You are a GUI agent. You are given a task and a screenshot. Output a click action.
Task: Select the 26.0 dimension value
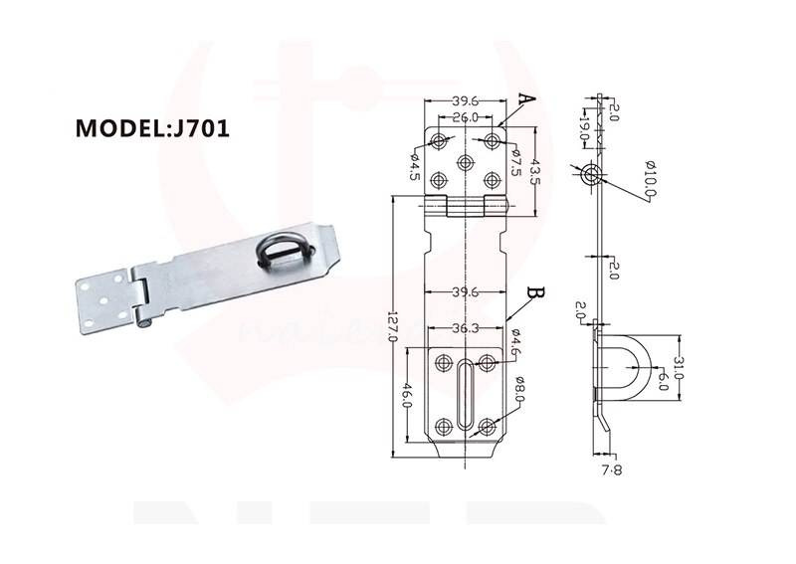point(465,117)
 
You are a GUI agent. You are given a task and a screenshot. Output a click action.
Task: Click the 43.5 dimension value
point(533,168)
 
